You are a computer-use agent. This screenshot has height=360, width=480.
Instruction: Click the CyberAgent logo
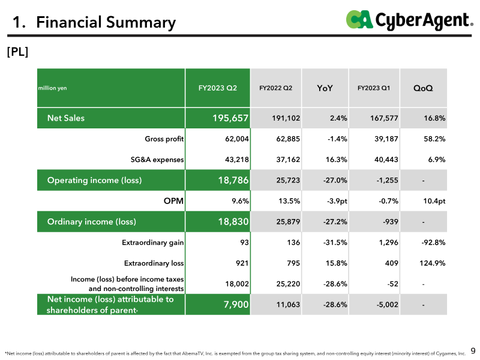(x=410, y=20)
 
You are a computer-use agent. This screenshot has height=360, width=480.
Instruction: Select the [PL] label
(x=17, y=52)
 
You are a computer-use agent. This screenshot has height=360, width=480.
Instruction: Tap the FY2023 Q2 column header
(x=218, y=88)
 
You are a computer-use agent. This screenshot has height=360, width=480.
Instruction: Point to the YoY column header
(x=325, y=88)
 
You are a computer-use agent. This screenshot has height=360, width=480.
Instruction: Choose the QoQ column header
(x=423, y=88)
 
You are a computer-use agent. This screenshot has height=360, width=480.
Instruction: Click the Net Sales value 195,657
(x=230, y=118)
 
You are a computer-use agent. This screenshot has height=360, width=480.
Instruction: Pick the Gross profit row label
(x=164, y=139)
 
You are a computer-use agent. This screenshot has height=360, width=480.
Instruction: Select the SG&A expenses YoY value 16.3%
(x=336, y=160)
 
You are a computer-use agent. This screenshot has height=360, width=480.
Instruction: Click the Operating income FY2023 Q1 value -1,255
(x=387, y=181)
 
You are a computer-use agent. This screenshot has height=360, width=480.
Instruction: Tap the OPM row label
(x=173, y=201)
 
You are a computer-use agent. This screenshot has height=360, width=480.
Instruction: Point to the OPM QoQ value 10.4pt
(x=434, y=201)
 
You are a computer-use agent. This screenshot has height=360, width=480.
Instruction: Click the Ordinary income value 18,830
(x=233, y=221)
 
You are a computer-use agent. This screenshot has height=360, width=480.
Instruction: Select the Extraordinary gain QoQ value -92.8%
(x=433, y=242)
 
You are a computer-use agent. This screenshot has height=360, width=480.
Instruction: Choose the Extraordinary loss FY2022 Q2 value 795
(x=293, y=263)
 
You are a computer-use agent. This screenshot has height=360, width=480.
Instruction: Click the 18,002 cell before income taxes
(x=237, y=284)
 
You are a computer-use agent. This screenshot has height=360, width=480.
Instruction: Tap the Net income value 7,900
(x=236, y=304)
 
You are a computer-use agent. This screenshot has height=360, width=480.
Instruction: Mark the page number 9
(x=473, y=350)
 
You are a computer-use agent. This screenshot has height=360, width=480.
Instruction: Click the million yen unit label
(x=52, y=88)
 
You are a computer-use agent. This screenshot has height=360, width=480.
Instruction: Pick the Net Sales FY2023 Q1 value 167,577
(x=384, y=118)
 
